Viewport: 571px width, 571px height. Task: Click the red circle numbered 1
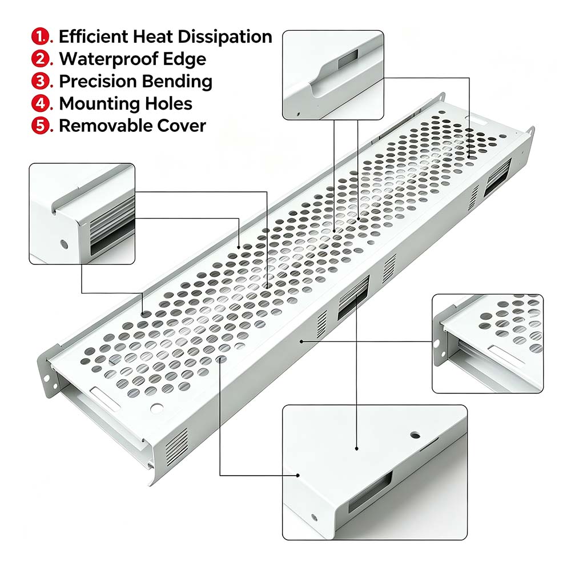(40, 37)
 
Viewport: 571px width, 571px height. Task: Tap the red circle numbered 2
(40, 59)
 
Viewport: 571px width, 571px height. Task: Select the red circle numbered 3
(40, 81)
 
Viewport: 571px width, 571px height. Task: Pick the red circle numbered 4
(40, 103)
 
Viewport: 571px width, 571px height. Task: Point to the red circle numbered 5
(40, 125)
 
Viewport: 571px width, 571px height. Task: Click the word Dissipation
(224, 37)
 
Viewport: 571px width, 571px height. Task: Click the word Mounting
(99, 104)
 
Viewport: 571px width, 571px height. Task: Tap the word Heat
(152, 37)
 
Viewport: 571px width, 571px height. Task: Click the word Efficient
(93, 37)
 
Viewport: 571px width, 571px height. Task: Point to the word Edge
(184, 59)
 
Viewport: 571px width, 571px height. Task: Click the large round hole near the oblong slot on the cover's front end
(157, 408)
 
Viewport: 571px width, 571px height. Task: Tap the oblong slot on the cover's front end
(105, 399)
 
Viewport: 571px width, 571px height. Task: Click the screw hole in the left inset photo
(64, 244)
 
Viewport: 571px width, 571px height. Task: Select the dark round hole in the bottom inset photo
(415, 435)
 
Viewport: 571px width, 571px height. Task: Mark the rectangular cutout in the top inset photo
(348, 59)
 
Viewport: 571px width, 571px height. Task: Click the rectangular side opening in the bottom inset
(371, 492)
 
